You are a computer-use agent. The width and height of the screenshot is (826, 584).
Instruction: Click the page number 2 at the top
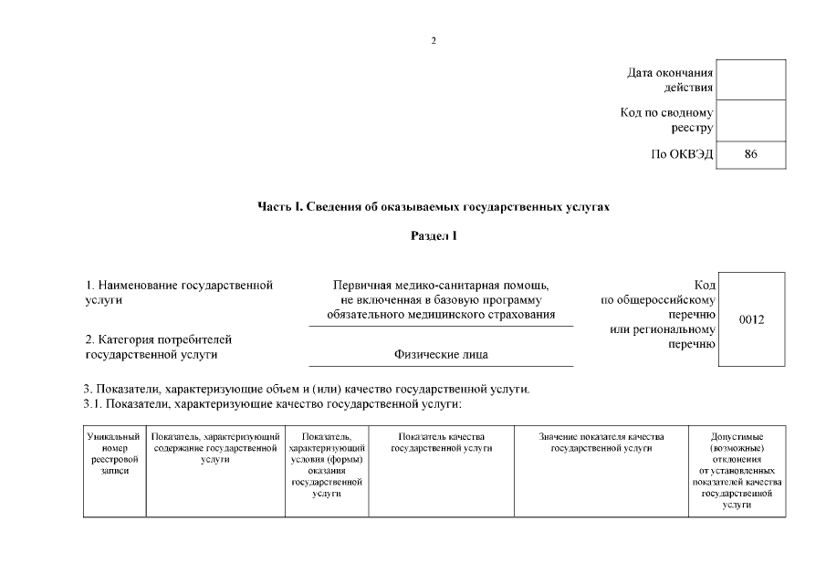pos(434,41)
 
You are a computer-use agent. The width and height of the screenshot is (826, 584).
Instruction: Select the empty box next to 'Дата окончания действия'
pos(751,80)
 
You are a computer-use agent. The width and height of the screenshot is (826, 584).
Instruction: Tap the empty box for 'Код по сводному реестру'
pos(751,120)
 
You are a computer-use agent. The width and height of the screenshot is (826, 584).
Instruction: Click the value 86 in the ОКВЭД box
pos(751,155)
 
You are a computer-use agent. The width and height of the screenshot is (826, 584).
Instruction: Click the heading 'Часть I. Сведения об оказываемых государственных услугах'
pos(434,207)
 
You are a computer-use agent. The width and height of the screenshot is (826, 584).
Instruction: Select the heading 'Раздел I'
pos(434,237)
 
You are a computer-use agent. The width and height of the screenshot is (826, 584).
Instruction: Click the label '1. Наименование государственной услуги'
pos(179,293)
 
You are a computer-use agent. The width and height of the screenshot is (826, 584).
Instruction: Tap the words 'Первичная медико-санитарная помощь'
pos(441,287)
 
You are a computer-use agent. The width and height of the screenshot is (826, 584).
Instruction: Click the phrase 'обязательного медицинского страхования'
pos(441,315)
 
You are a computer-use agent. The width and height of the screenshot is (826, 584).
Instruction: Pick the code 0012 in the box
pos(751,319)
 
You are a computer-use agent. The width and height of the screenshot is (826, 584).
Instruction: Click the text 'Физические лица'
pos(441,355)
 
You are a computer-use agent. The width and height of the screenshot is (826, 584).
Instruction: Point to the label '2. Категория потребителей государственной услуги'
pos(159,348)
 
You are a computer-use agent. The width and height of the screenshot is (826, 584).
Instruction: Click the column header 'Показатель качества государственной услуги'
pos(441,443)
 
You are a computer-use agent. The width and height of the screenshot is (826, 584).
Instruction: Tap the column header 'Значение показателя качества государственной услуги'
pos(601,443)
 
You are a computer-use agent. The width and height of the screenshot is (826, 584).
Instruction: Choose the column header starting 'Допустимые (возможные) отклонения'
pos(737,471)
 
